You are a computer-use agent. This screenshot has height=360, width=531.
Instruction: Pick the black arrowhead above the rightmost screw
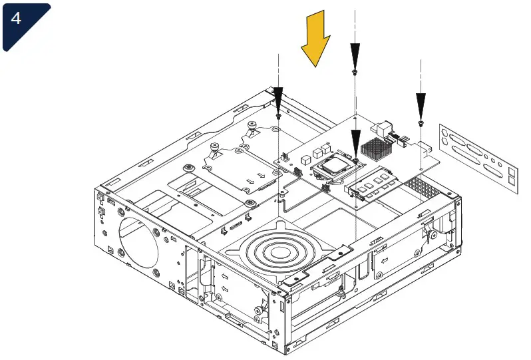coord(421,103)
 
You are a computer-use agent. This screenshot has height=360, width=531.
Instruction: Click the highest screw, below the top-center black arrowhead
coord(355,71)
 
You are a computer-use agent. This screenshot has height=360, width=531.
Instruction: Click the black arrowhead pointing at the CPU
coord(356,141)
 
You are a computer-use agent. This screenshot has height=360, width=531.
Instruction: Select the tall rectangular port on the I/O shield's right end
coord(511,177)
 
